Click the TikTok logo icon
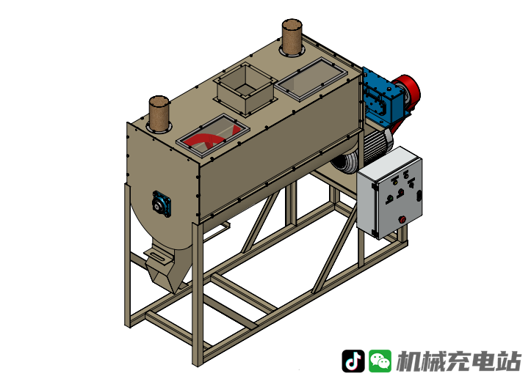point(353,361)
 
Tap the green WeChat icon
point(380,361)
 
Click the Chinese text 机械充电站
point(458,361)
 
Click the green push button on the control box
point(389,198)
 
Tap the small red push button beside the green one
point(400,192)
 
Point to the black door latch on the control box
point(419,196)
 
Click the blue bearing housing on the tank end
point(162,204)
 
